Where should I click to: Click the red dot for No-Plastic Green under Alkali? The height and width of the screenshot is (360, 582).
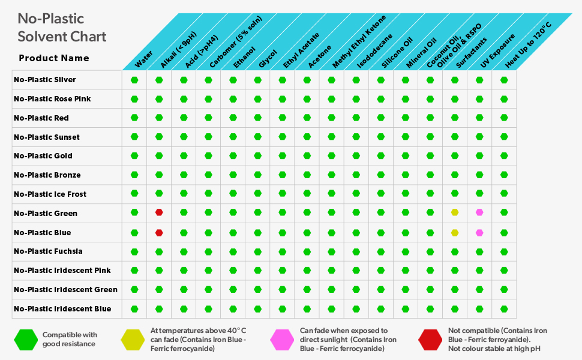pyautogui.click(x=159, y=212)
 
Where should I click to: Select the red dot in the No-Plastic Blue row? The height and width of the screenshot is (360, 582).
pyautogui.click(x=159, y=232)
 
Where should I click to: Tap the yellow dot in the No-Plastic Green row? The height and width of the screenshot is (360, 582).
pyautogui.click(x=455, y=212)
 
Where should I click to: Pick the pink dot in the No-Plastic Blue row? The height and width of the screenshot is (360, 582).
pyautogui.click(x=479, y=232)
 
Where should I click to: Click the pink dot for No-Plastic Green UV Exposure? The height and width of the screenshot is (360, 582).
pyautogui.click(x=479, y=212)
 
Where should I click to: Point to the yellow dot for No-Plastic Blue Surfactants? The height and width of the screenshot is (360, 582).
pyautogui.click(x=455, y=232)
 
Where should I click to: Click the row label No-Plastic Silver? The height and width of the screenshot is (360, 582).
pyautogui.click(x=45, y=80)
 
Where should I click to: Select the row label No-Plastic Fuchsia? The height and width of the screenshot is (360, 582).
pyautogui.click(x=49, y=251)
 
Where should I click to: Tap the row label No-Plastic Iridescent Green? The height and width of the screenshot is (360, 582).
pyautogui.click(x=65, y=290)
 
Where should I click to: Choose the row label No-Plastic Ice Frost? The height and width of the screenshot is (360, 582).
pyautogui.click(x=50, y=194)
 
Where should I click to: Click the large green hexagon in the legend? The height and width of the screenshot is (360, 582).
pyautogui.click(x=26, y=340)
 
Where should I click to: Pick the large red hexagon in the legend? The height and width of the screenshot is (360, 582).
pyautogui.click(x=431, y=340)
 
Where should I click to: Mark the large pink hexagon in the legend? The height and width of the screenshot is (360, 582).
pyautogui.click(x=283, y=340)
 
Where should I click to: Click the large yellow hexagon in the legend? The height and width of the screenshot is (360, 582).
pyautogui.click(x=133, y=340)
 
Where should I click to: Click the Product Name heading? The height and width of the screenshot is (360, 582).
pyautogui.click(x=54, y=58)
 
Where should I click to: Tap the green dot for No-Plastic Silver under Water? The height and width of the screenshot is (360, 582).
pyautogui.click(x=134, y=80)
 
